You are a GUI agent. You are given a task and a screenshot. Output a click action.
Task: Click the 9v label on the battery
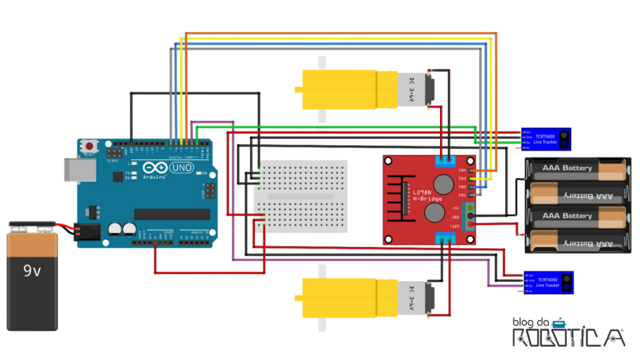pos(32,271)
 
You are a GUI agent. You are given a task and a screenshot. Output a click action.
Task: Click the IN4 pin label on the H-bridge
pos(462,170)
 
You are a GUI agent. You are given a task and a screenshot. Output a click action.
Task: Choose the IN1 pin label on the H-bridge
pos(462,194)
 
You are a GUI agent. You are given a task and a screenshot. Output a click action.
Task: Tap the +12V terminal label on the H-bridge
pos(454,225)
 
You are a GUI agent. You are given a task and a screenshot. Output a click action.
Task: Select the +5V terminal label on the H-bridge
pos(455,207)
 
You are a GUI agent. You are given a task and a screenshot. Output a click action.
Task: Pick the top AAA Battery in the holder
pos(575,168)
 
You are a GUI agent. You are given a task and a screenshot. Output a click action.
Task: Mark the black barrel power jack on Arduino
pos(86,232)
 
